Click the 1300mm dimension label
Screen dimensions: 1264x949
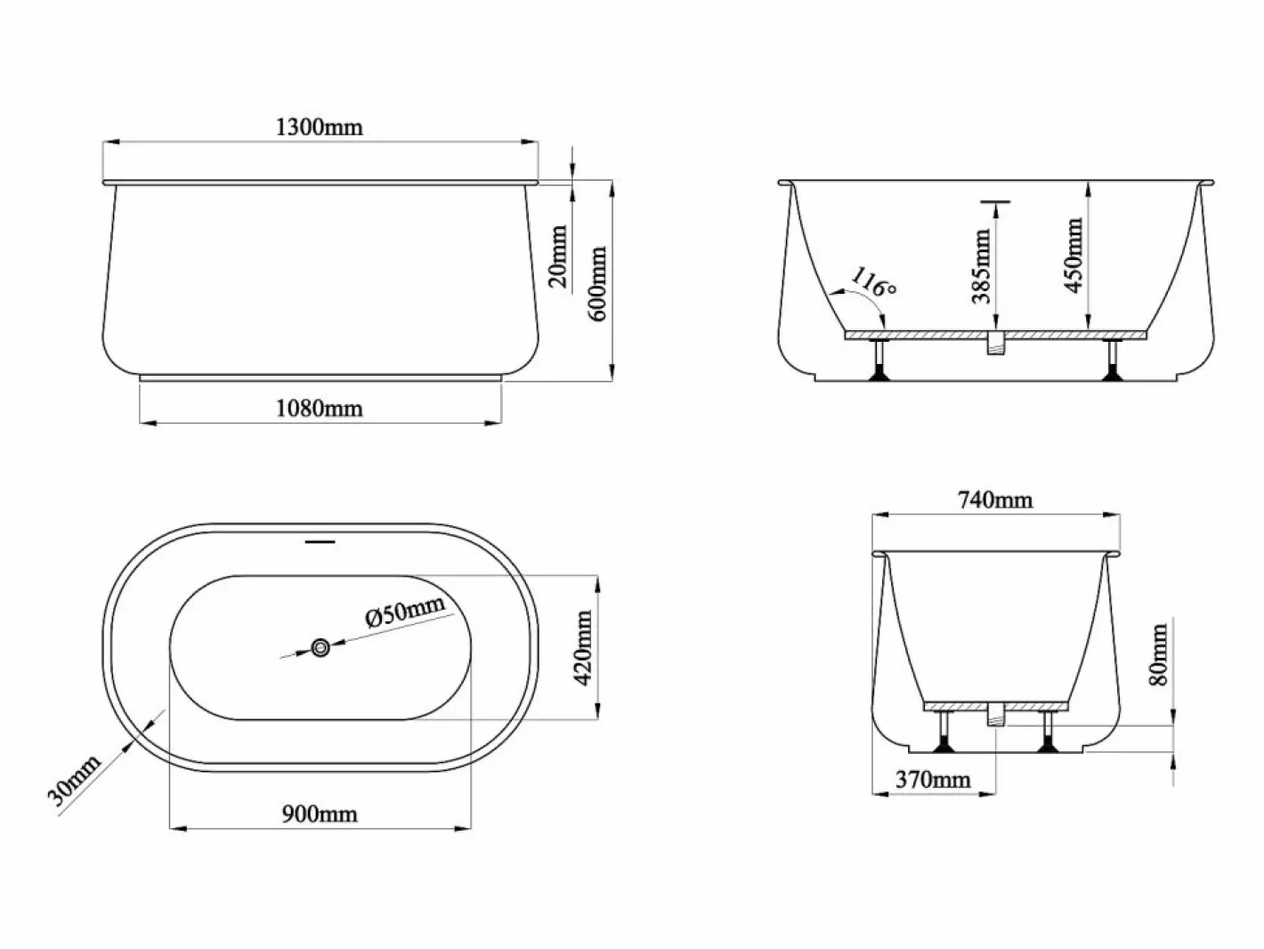click(x=320, y=126)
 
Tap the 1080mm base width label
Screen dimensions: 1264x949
click(x=320, y=409)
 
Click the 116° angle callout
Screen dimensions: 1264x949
click(x=873, y=282)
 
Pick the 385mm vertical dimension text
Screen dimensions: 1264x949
click(x=981, y=266)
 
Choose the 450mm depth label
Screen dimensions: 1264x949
click(x=1074, y=255)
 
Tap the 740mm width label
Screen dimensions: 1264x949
click(x=996, y=499)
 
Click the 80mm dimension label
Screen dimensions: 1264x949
click(x=1159, y=654)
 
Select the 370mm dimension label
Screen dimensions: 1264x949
click(x=934, y=780)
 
